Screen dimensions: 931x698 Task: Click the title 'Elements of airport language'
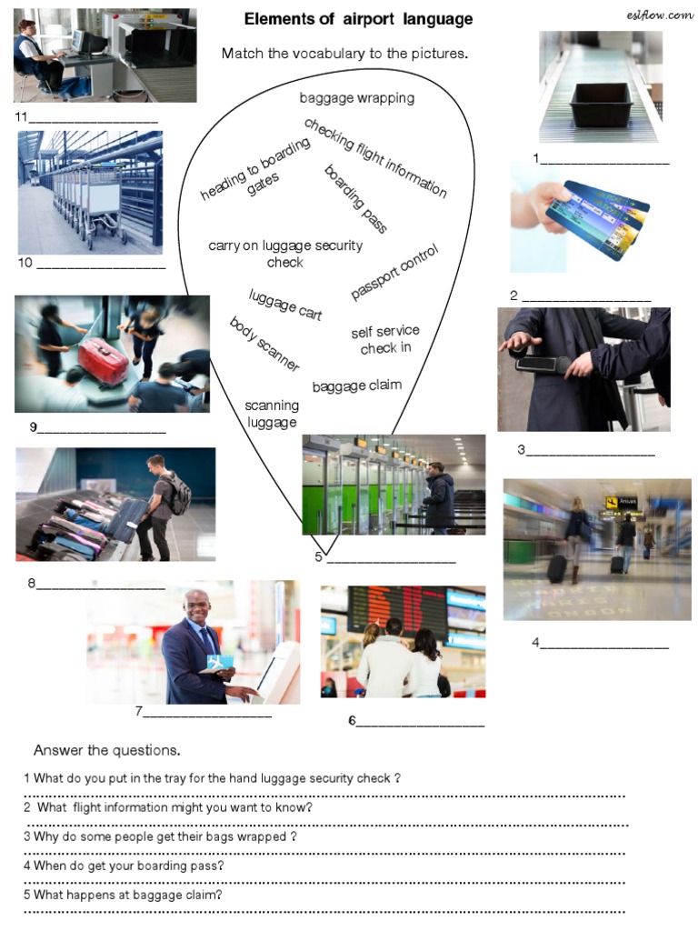pyautogui.click(x=358, y=19)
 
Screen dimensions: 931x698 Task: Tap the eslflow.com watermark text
pyautogui.click(x=660, y=14)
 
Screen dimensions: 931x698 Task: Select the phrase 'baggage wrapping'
pyautogui.click(x=356, y=98)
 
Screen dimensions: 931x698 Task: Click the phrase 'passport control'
pyautogui.click(x=395, y=271)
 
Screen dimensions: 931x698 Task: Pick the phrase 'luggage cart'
pyautogui.click(x=285, y=304)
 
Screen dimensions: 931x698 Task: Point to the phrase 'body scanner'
pyautogui.click(x=264, y=344)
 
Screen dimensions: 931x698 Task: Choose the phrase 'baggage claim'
pyautogui.click(x=356, y=385)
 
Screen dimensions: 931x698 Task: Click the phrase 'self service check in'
pyautogui.click(x=385, y=340)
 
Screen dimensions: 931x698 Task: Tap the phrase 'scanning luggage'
pyautogui.click(x=272, y=414)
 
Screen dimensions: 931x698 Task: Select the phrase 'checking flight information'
pyautogui.click(x=375, y=156)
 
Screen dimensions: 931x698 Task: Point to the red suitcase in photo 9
pyautogui.click(x=103, y=360)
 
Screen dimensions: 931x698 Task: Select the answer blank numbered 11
pyautogui.click(x=95, y=118)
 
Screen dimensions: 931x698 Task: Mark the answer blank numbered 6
pyautogui.click(x=420, y=723)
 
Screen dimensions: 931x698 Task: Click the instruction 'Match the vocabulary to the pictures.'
pyautogui.click(x=344, y=54)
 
